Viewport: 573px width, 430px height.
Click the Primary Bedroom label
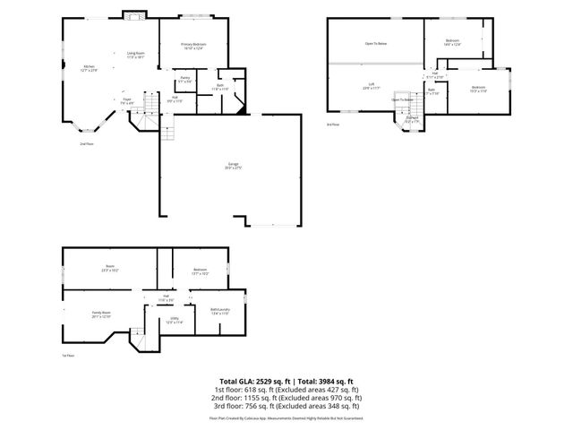pos(193,46)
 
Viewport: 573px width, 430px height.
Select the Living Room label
pos(135,56)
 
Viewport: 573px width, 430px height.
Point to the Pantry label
pos(184,80)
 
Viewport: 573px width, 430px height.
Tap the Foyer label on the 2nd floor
pos(128,101)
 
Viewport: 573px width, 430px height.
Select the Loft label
pos(371,86)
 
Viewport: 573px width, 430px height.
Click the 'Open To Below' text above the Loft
pos(375,43)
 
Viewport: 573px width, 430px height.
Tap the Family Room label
pos(88,314)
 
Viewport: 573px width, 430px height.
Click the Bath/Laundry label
pos(220,312)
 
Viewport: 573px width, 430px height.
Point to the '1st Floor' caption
pos(68,356)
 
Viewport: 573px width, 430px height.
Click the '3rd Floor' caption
pos(333,125)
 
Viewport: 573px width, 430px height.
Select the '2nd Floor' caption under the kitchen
pos(86,143)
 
